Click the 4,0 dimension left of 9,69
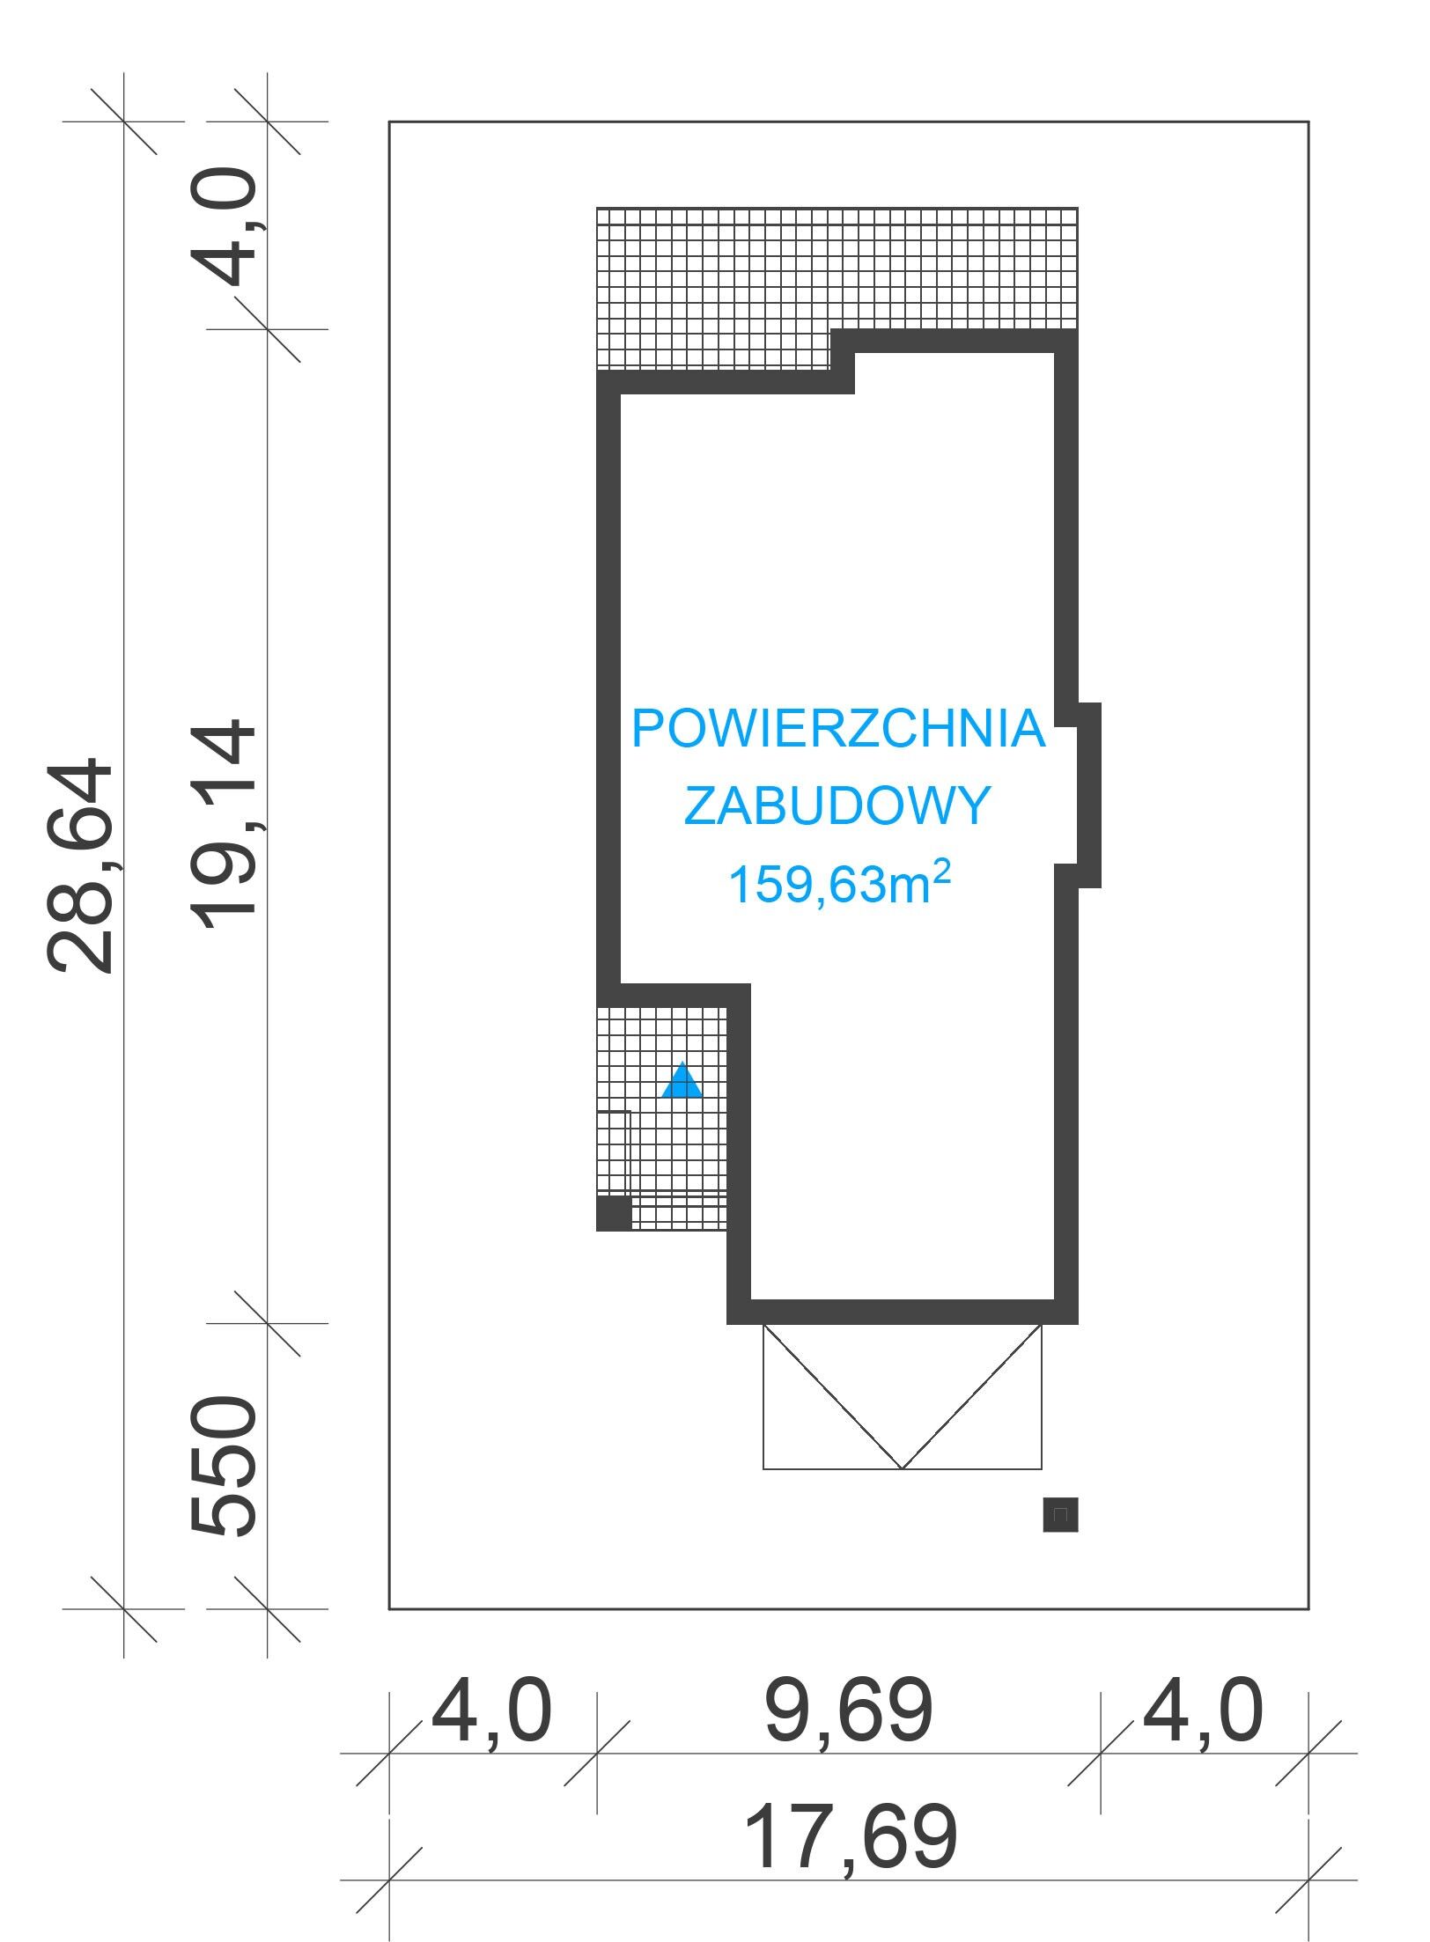[x=490, y=1710]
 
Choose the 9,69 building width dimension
[x=849, y=1710]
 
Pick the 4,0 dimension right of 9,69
[x=1203, y=1710]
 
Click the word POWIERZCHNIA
[x=838, y=729]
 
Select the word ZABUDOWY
[x=837, y=805]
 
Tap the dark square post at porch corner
[x=615, y=1213]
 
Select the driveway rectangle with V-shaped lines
[x=903, y=1396]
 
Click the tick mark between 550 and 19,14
[x=268, y=1323]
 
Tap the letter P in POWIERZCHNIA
[x=647, y=729]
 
